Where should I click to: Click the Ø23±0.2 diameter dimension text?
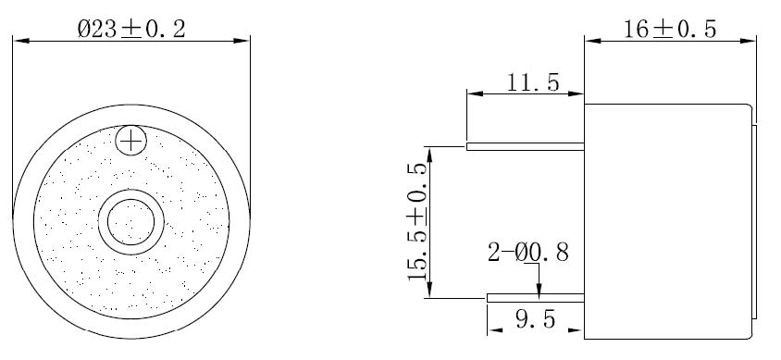[x=131, y=29]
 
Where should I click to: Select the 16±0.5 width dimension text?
[x=670, y=30]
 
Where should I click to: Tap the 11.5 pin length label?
[x=533, y=82]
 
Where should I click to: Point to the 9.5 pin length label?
[x=535, y=319]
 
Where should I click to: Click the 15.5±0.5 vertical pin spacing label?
[x=417, y=221]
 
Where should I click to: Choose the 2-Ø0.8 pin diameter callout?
[x=528, y=253]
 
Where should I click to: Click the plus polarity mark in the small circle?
[x=130, y=142]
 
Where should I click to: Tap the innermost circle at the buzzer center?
[x=131, y=221]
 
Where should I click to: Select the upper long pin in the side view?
[x=525, y=146]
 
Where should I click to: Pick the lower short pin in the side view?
[x=536, y=298]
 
